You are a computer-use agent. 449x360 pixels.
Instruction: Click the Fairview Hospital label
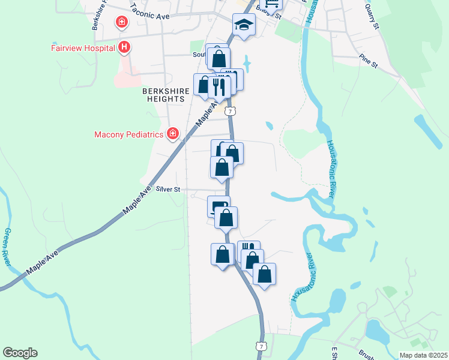[x=82, y=47]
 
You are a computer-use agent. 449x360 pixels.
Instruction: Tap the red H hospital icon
[x=124, y=47]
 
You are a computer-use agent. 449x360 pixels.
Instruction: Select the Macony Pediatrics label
[x=129, y=134]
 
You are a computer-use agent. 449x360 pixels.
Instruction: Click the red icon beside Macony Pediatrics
[x=173, y=133]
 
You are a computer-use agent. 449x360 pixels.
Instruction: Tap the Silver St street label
[x=167, y=189]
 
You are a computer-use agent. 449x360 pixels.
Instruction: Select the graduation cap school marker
[x=244, y=25]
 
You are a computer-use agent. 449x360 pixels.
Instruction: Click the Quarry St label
[x=372, y=17]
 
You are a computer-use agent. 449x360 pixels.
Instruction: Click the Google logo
[x=20, y=353]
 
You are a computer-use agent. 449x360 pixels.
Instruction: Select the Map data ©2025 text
[x=423, y=355]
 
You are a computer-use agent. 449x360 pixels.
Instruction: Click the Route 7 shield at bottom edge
[x=260, y=347]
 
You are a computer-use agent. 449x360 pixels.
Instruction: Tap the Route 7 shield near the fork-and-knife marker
[x=231, y=111]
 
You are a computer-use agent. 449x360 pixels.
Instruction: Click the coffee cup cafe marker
[x=218, y=206]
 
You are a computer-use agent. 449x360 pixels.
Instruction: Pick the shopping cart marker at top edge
[x=273, y=3]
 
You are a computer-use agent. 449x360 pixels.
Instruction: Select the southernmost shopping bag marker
[x=264, y=274]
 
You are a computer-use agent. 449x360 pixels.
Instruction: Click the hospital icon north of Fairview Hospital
[x=122, y=23]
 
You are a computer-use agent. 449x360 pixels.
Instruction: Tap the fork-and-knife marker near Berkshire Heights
[x=219, y=87]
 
